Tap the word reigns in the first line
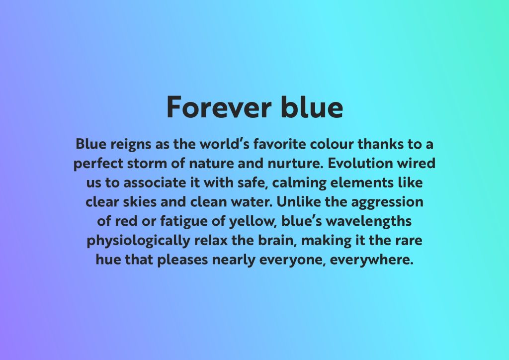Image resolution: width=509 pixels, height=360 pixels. coord(131,145)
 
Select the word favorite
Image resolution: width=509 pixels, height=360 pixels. coord(279,144)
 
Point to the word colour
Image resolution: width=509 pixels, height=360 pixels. coord(332,144)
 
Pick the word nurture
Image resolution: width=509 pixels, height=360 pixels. coord(295,164)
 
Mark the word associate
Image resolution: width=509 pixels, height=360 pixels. coord(155,182)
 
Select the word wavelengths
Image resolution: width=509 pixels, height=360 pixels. coord(368,222)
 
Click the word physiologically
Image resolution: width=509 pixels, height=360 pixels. coord(138,241)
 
